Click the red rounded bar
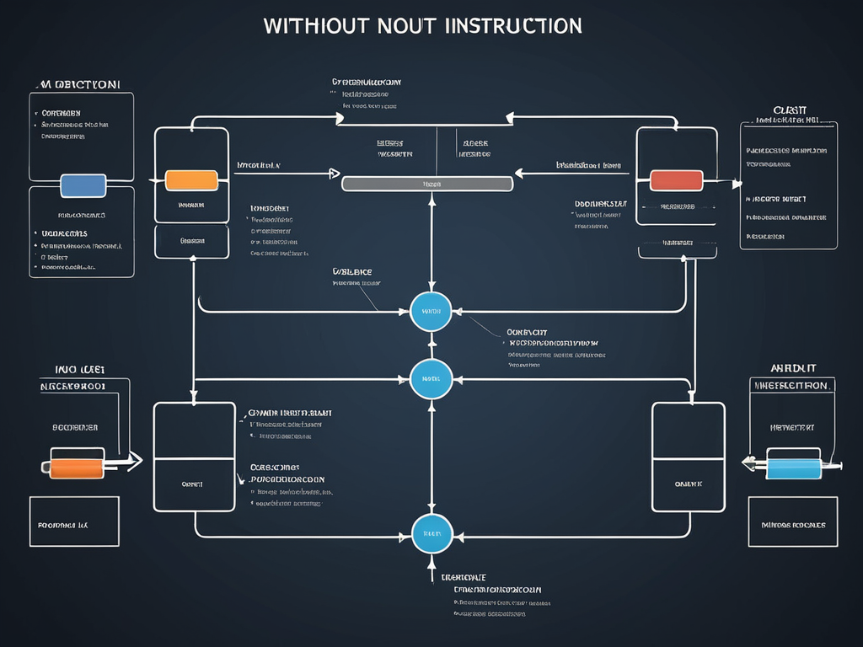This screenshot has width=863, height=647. (676, 179)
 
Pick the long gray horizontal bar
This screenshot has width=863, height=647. (427, 183)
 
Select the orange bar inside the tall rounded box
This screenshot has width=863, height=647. (191, 180)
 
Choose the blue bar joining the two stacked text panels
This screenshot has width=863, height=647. (83, 185)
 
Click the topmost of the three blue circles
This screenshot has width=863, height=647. (431, 312)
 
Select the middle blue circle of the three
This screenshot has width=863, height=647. (431, 379)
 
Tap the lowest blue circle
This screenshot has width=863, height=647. (432, 533)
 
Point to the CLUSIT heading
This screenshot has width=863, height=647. (789, 110)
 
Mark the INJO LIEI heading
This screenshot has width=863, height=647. (79, 368)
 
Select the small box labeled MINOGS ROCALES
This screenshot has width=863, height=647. (793, 522)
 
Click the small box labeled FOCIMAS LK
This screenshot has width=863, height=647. (74, 522)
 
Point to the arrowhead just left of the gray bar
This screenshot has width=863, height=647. (334, 174)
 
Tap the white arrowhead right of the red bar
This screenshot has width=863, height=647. (737, 183)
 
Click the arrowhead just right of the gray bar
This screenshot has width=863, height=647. (519, 174)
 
